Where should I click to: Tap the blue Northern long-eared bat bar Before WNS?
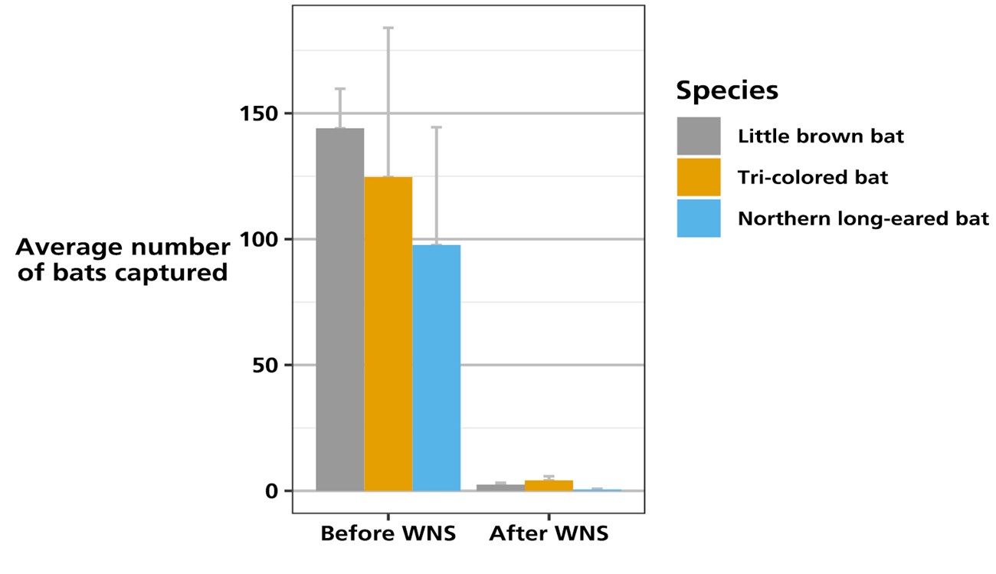point(436,367)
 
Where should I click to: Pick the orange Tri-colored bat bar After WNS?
point(549,485)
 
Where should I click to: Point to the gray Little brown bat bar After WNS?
point(500,487)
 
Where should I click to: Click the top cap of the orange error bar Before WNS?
point(388,28)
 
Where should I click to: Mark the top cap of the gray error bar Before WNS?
point(339,89)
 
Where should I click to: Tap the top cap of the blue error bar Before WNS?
point(436,127)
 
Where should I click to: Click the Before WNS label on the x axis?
point(388,533)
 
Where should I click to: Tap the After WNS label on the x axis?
point(549,533)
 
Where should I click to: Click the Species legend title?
point(726,90)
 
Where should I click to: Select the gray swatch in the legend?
point(698,136)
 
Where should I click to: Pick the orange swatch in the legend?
point(698,177)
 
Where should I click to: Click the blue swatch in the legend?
point(698,218)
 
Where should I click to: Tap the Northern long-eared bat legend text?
point(863,219)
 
